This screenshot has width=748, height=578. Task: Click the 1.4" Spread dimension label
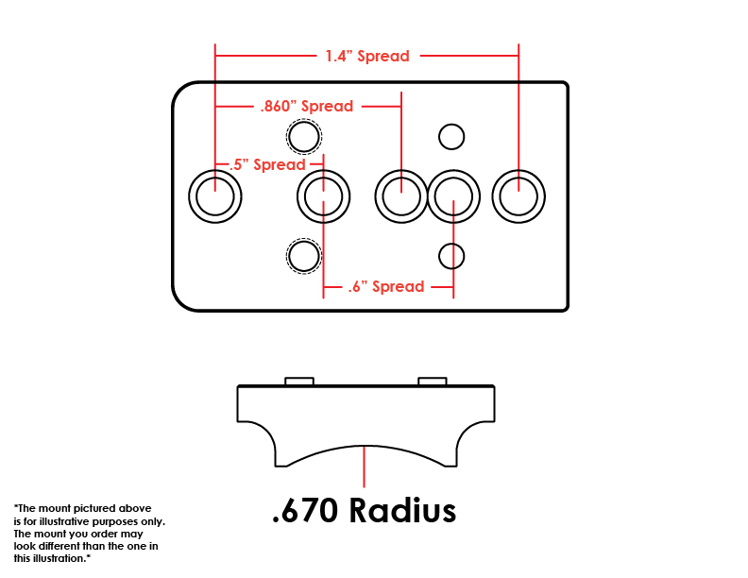[x=367, y=57]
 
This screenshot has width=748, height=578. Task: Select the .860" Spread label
[x=307, y=106]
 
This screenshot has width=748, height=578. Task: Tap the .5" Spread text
[x=267, y=164]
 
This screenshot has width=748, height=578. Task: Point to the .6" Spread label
[x=386, y=286]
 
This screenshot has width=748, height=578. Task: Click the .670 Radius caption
[x=364, y=510]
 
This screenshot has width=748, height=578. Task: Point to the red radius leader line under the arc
[x=364, y=467]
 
